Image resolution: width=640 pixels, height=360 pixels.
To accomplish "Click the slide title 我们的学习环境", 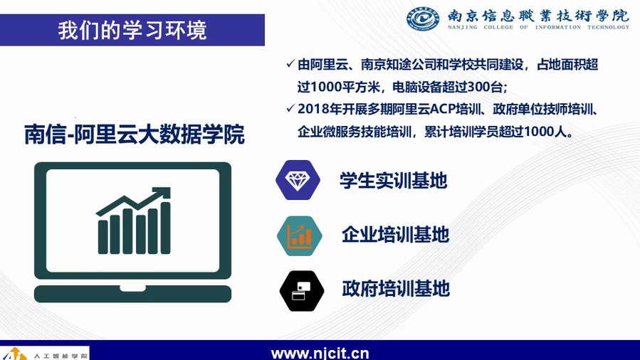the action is click(132, 30).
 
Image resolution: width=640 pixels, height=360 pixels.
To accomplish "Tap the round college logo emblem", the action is click(423, 18).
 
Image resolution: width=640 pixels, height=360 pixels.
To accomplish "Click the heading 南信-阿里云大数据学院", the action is click(135, 134).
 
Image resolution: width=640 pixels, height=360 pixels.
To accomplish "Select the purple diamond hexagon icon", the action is click(298, 180).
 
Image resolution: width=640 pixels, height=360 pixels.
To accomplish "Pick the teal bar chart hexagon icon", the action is click(299, 235).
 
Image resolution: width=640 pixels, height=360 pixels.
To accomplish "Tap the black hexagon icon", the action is click(302, 291).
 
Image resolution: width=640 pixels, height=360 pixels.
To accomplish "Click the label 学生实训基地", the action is click(394, 180).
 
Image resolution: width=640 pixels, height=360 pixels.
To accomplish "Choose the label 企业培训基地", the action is click(396, 235).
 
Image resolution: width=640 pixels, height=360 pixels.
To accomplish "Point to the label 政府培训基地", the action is click(396, 289).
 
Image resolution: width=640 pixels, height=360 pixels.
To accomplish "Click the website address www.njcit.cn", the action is click(320, 353).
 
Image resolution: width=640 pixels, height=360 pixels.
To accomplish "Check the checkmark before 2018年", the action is click(290, 108).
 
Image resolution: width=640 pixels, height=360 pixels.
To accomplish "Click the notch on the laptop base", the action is click(132, 288).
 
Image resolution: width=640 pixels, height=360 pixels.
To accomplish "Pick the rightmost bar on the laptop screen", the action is click(165, 228).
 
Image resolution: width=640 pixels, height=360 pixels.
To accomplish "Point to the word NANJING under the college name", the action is click(462, 27).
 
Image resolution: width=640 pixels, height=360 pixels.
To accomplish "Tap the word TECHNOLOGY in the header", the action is click(608, 27).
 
